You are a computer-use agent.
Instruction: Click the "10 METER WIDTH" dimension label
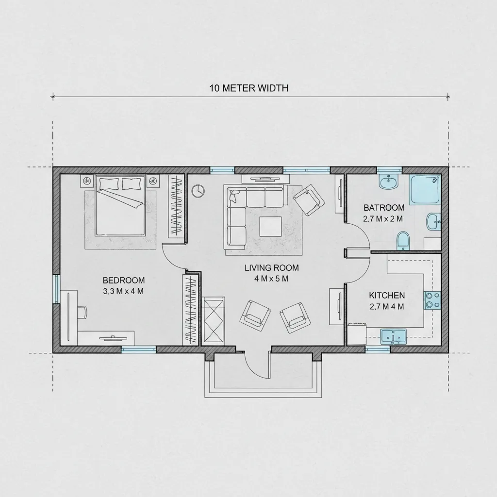249,88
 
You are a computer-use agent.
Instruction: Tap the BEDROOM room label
124,280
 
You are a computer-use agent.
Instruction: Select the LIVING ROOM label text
272,268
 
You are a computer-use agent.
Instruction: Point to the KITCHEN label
387,296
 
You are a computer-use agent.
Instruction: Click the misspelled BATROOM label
384,208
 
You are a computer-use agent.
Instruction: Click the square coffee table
270,226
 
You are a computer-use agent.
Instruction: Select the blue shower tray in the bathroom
426,189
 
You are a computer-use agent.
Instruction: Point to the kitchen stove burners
432,300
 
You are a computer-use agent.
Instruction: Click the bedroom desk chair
83,313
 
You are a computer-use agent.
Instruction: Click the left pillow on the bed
109,183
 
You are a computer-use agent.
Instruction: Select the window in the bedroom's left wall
56,289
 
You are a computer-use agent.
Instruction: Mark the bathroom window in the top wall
389,170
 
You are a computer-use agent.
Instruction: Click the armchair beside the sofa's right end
309,200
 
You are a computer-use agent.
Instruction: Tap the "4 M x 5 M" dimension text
271,279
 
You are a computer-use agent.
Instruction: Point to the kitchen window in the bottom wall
378,349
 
